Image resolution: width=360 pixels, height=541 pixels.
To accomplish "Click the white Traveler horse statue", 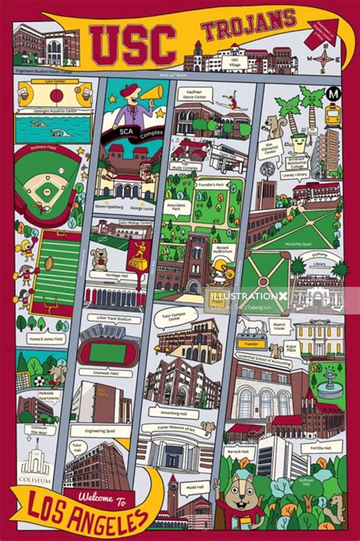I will [x=254, y=326].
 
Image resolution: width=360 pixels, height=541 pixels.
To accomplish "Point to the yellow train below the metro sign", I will [x=333, y=115].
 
